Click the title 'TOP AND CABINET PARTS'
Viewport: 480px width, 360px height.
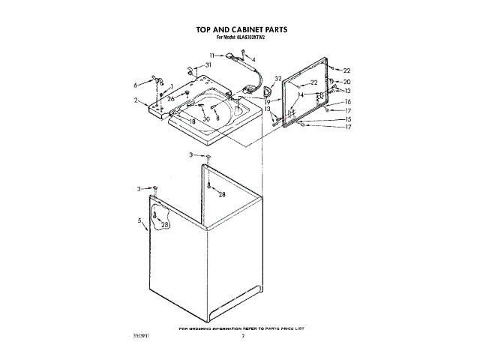click(x=241, y=31)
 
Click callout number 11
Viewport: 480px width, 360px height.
click(x=212, y=55)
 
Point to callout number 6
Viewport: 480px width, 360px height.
click(x=136, y=84)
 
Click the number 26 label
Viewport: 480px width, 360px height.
click(x=172, y=98)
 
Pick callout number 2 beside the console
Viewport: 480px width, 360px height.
click(x=136, y=100)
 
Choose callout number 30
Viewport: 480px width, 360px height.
click(x=206, y=118)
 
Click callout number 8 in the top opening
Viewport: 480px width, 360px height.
click(x=217, y=118)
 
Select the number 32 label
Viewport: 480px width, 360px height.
click(x=277, y=78)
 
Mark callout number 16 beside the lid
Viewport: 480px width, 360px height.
click(x=347, y=101)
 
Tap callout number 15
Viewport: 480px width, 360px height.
click(x=347, y=118)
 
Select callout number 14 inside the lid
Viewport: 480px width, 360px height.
click(x=300, y=95)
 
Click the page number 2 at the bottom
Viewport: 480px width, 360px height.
click(x=244, y=337)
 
